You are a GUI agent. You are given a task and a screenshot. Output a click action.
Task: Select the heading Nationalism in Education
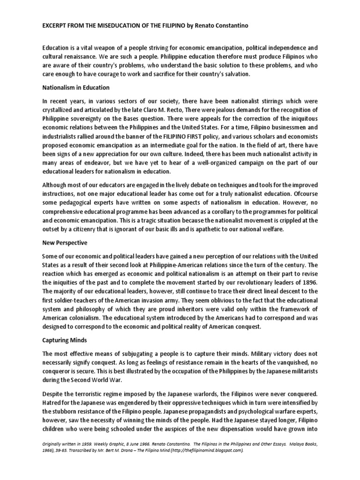(76, 87)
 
